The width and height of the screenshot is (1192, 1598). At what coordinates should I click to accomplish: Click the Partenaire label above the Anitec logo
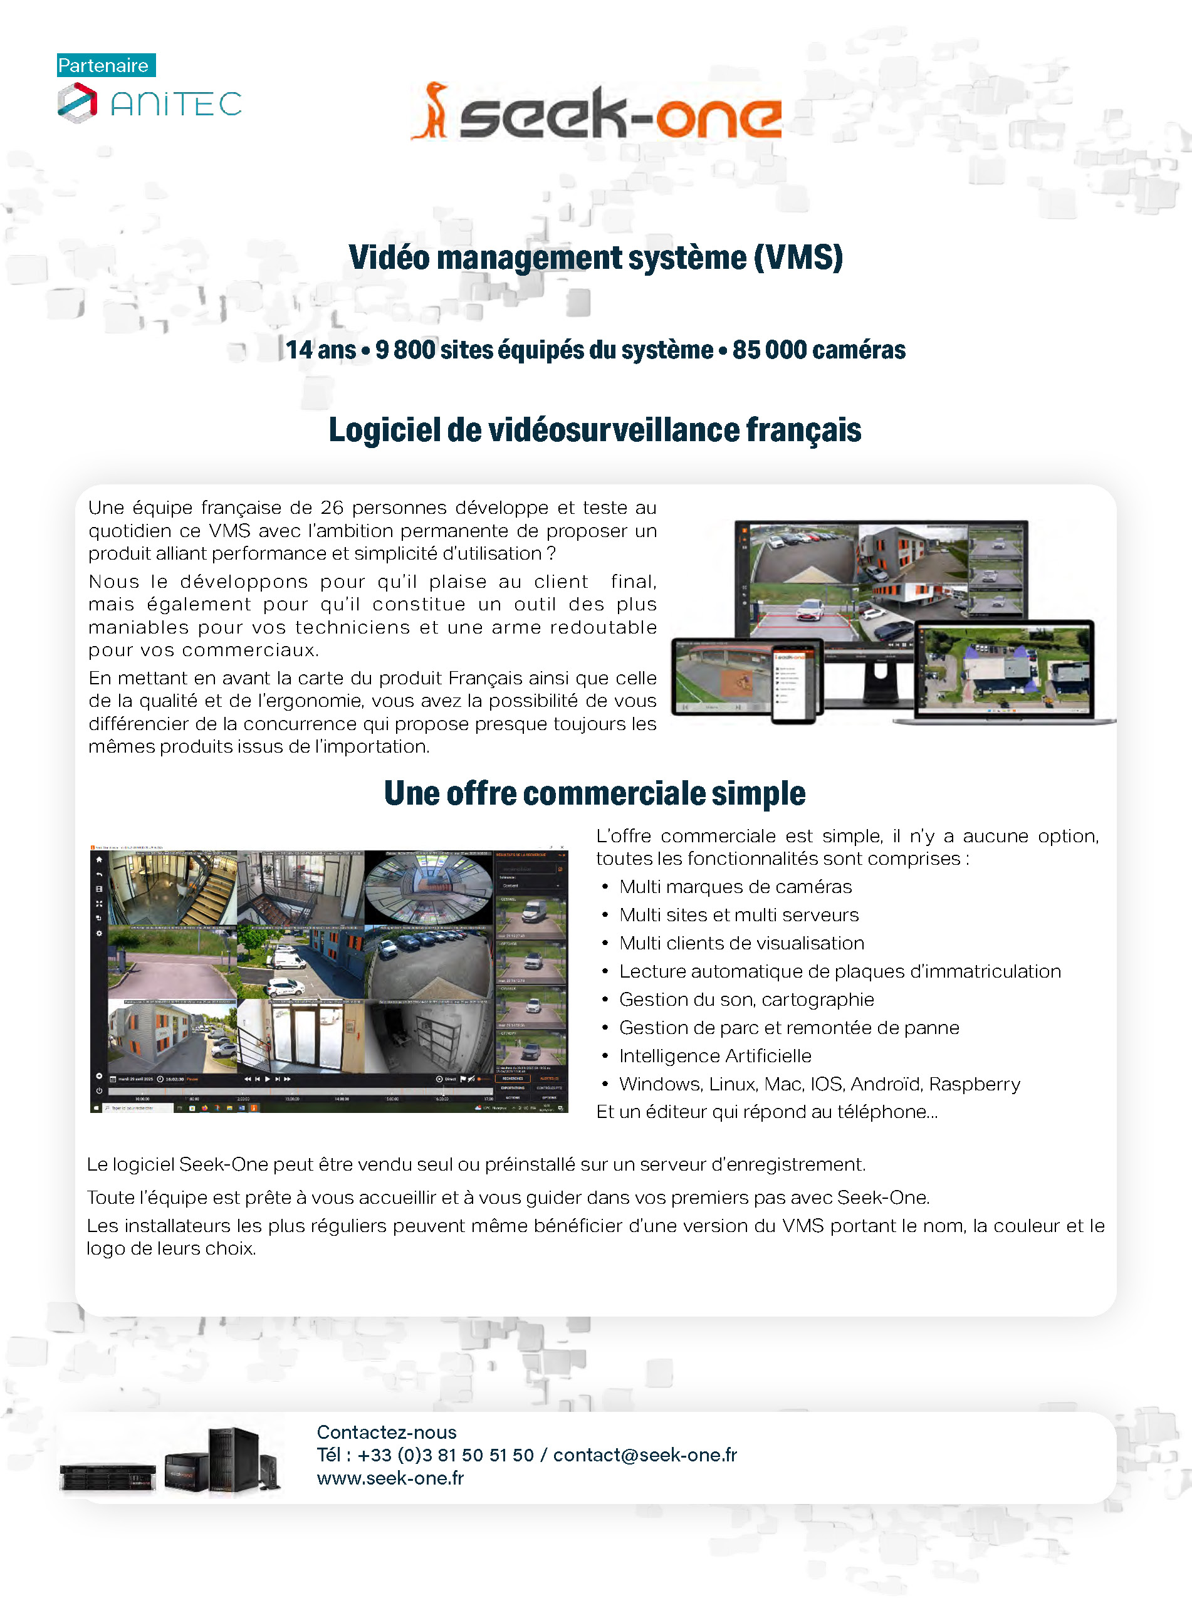click(105, 66)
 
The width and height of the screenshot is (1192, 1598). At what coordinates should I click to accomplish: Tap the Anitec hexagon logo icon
click(77, 102)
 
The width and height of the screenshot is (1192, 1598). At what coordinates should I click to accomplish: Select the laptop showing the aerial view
click(1005, 672)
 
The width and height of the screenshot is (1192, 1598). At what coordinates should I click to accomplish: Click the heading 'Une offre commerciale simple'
click(595, 793)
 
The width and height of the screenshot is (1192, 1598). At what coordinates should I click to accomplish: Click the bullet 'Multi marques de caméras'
click(735, 887)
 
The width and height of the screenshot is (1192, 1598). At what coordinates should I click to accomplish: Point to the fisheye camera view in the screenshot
click(429, 888)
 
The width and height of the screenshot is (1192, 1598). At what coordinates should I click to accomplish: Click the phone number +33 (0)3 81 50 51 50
click(445, 1454)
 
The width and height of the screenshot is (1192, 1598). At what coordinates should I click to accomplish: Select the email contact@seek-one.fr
click(644, 1454)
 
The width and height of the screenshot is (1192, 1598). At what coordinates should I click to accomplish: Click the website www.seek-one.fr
click(390, 1478)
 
